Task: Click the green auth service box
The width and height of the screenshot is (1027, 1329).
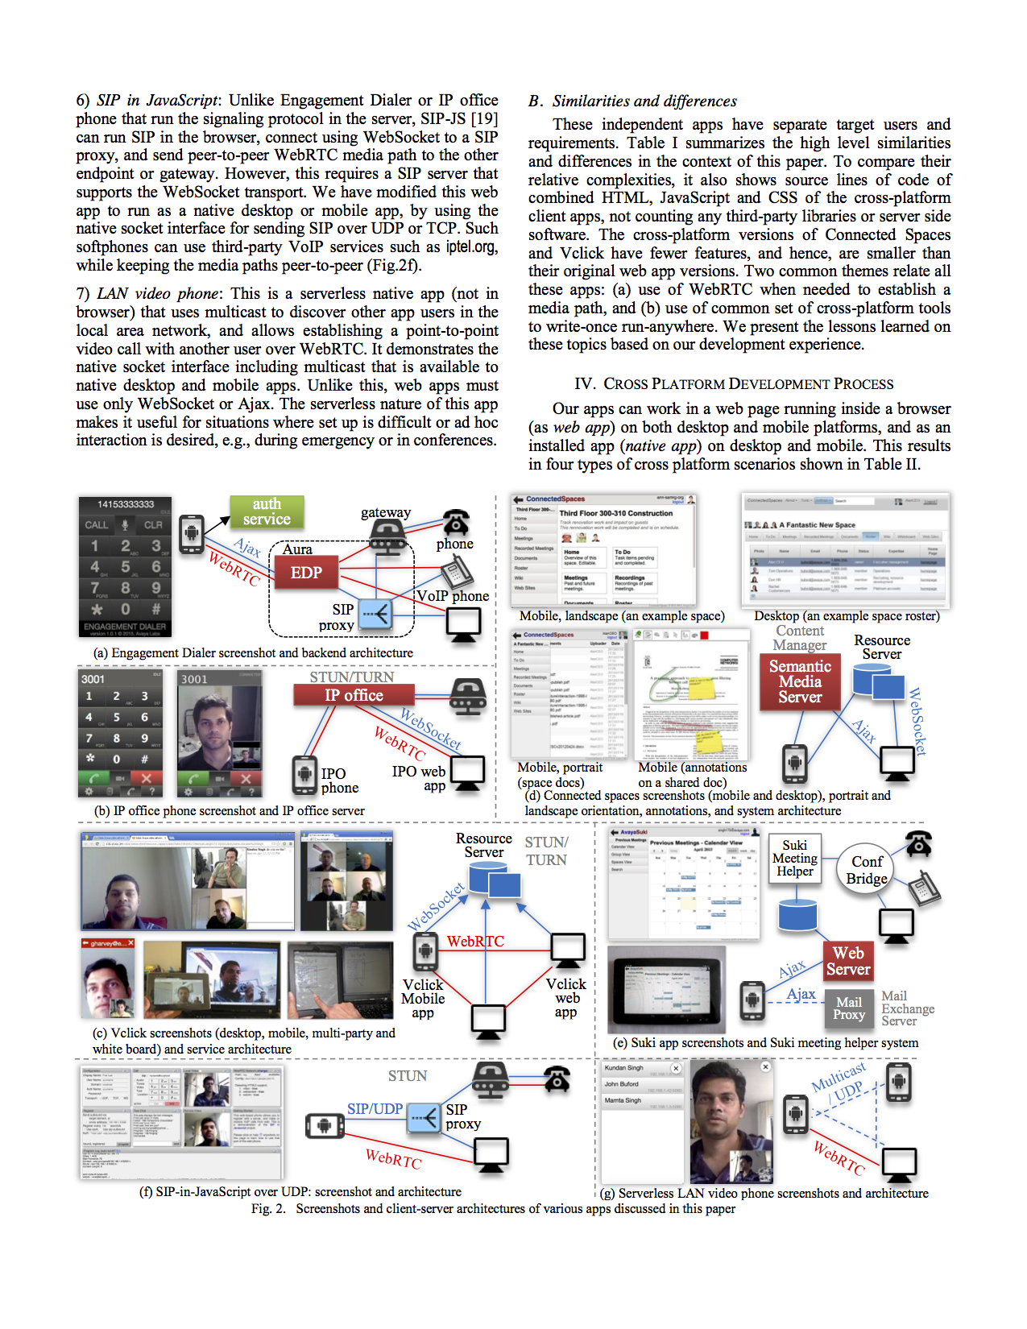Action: [267, 512]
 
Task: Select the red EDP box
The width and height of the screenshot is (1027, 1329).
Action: [306, 573]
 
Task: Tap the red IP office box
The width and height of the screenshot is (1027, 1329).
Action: [353, 695]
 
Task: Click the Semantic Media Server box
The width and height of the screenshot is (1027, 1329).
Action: [799, 682]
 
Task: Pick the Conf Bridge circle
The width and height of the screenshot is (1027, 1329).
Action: [867, 870]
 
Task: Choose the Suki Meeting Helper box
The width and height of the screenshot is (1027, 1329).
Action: [794, 859]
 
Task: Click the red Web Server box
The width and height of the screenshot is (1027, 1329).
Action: [848, 962]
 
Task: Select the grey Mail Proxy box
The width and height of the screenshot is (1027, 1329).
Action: [849, 1008]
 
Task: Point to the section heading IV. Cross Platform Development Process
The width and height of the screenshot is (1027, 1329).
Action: [734, 384]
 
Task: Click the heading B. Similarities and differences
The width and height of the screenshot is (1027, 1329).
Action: [633, 101]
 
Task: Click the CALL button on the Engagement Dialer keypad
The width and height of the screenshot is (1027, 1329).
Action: [97, 525]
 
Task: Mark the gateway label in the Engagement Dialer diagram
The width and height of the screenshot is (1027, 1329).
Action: [385, 513]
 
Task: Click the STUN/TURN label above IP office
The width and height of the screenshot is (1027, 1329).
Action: [352, 677]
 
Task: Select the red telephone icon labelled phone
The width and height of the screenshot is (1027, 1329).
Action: [456, 522]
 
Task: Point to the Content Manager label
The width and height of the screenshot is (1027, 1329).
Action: [800, 638]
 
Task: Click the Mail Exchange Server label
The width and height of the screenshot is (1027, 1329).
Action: [907, 1008]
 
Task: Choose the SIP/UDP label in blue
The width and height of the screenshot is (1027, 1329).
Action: [375, 1109]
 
